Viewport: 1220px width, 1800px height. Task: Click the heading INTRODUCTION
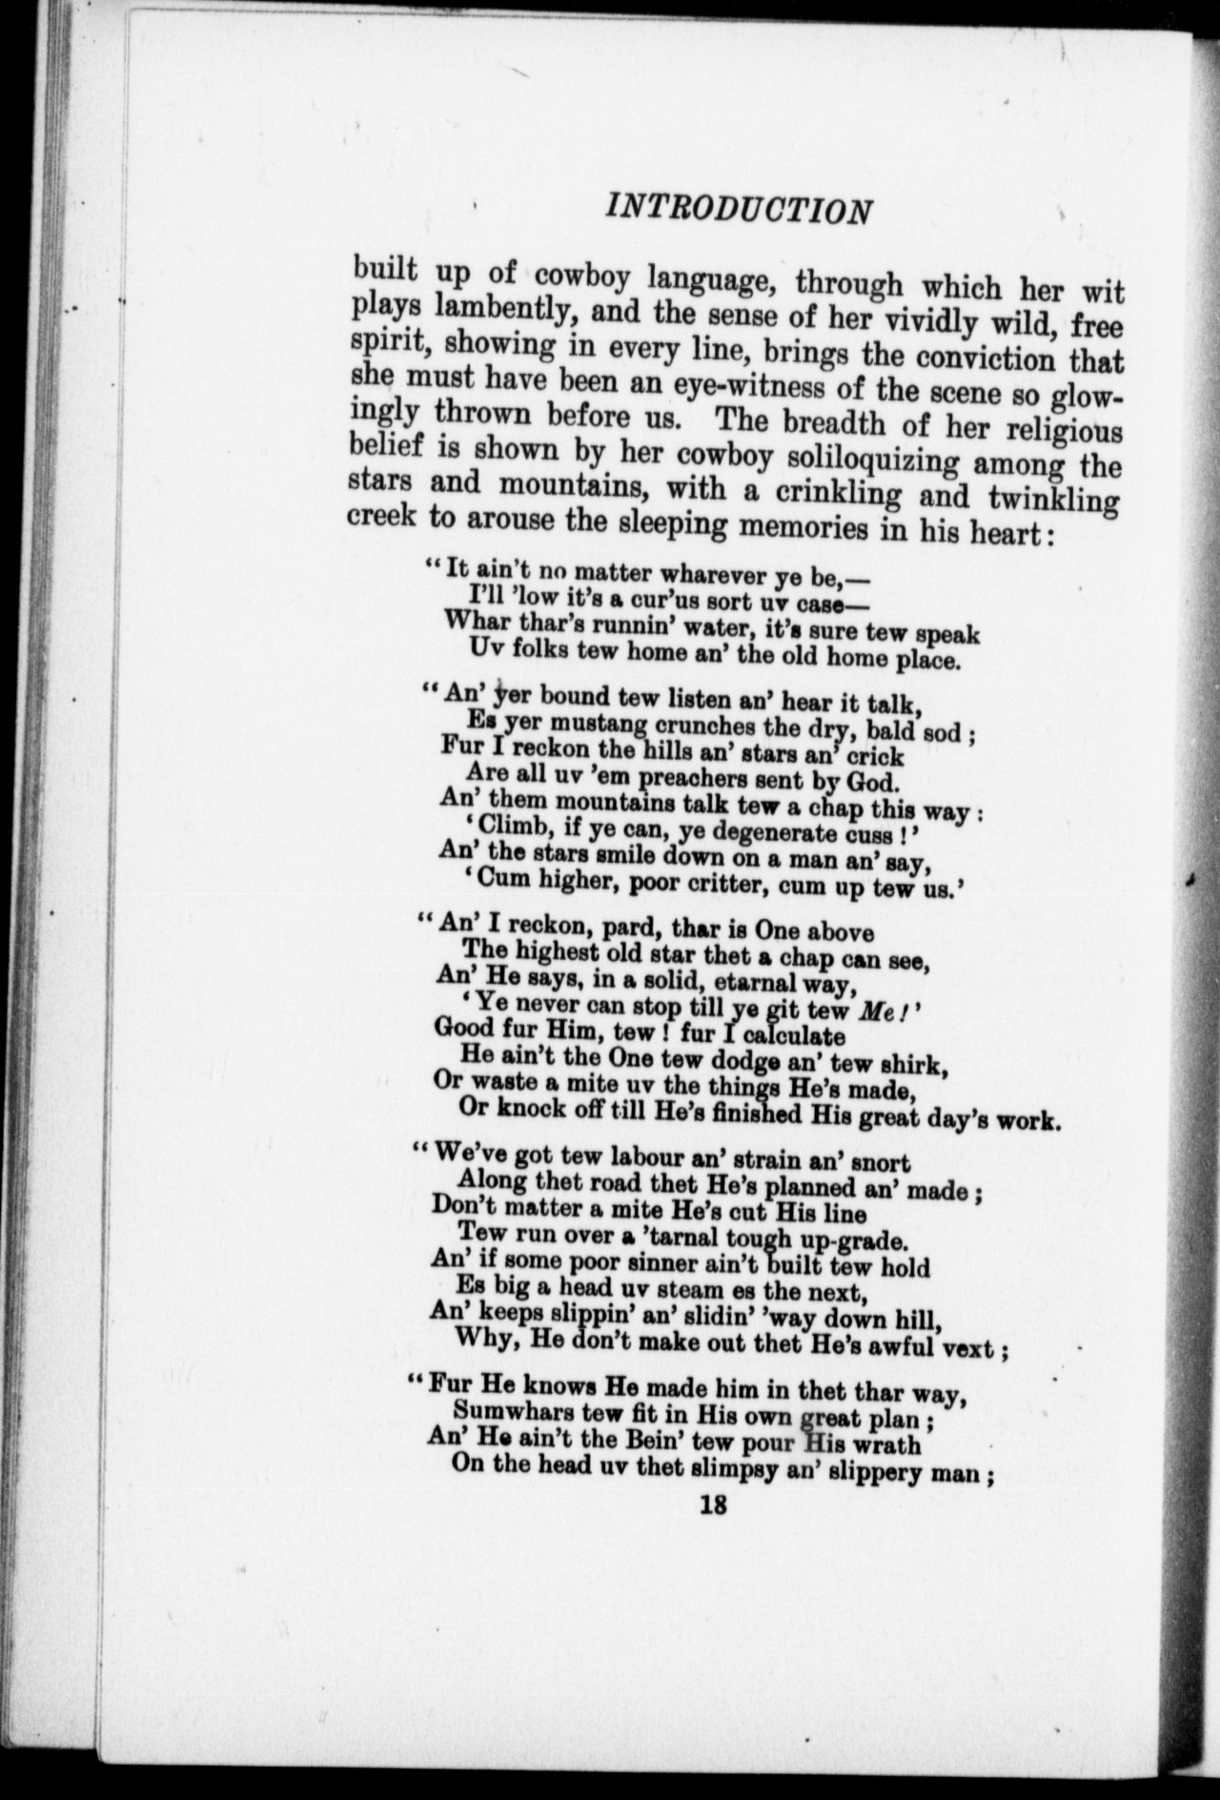(x=740, y=209)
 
